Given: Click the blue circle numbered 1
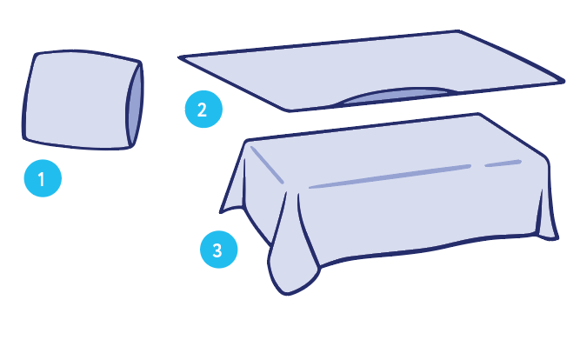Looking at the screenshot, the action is click(43, 178).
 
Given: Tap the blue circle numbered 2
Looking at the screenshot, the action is click(203, 110).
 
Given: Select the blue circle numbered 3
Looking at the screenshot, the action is click(218, 250).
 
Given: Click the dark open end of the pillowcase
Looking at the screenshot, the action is click(135, 104).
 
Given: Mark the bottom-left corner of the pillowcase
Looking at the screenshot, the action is click(24, 139).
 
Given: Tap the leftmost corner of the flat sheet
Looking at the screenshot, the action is click(179, 57).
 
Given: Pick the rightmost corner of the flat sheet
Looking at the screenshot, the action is click(563, 81).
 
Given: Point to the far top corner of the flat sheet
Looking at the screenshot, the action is click(458, 31).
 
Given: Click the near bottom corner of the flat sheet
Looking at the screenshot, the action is click(288, 110).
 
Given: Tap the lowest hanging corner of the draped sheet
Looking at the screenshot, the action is click(287, 294).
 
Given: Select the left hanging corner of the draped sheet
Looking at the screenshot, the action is click(221, 212).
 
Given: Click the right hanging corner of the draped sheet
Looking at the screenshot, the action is click(555, 239).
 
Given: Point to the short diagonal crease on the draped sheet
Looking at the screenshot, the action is click(267, 164).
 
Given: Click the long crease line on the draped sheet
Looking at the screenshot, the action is click(390, 177).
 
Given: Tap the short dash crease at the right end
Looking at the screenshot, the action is click(503, 163).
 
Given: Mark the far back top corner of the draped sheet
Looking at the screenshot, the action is click(478, 114).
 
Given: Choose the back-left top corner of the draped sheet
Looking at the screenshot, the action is click(246, 141).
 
